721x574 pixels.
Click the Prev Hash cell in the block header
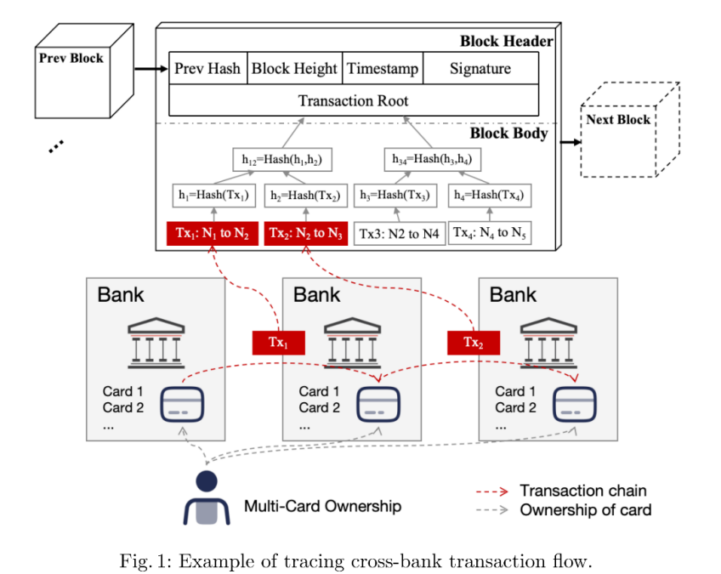click(207, 69)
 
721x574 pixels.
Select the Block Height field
click(294, 69)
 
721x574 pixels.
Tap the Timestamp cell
click(382, 69)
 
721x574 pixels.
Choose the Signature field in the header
click(480, 69)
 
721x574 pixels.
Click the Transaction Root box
click(354, 100)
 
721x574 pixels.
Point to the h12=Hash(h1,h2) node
click(275, 159)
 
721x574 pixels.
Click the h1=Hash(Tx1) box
click(213, 195)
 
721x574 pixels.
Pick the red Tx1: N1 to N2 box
click(213, 232)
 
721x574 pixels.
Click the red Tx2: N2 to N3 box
click(304, 232)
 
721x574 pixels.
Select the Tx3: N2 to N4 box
click(399, 233)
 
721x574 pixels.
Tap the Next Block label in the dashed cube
click(618, 120)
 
